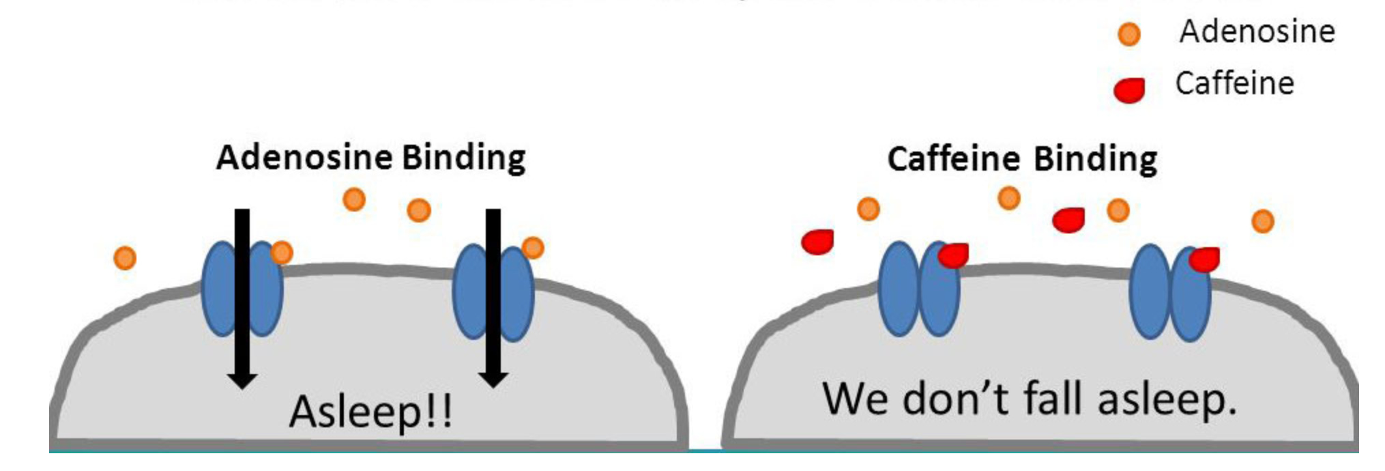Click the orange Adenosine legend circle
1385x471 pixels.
tap(1129, 33)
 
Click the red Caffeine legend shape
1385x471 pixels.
tap(1129, 89)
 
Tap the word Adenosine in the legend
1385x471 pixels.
tap(1257, 31)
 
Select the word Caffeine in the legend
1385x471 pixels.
tap(1234, 84)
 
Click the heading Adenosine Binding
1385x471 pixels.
tap(370, 158)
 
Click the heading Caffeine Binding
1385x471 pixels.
tap(1022, 159)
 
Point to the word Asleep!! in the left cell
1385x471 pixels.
tap(370, 412)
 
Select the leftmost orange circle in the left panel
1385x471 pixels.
tap(125, 258)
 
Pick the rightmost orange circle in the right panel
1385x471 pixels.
tap(1262, 221)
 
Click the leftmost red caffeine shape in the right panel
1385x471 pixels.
tap(817, 242)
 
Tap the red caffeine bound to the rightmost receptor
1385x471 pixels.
tap(1205, 259)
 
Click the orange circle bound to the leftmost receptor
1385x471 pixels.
tap(281, 253)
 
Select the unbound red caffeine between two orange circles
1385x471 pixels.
tap(1068, 220)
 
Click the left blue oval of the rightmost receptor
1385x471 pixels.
tap(1150, 292)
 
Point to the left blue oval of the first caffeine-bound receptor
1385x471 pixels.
tap(898, 289)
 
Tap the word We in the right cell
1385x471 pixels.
tap(854, 399)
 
